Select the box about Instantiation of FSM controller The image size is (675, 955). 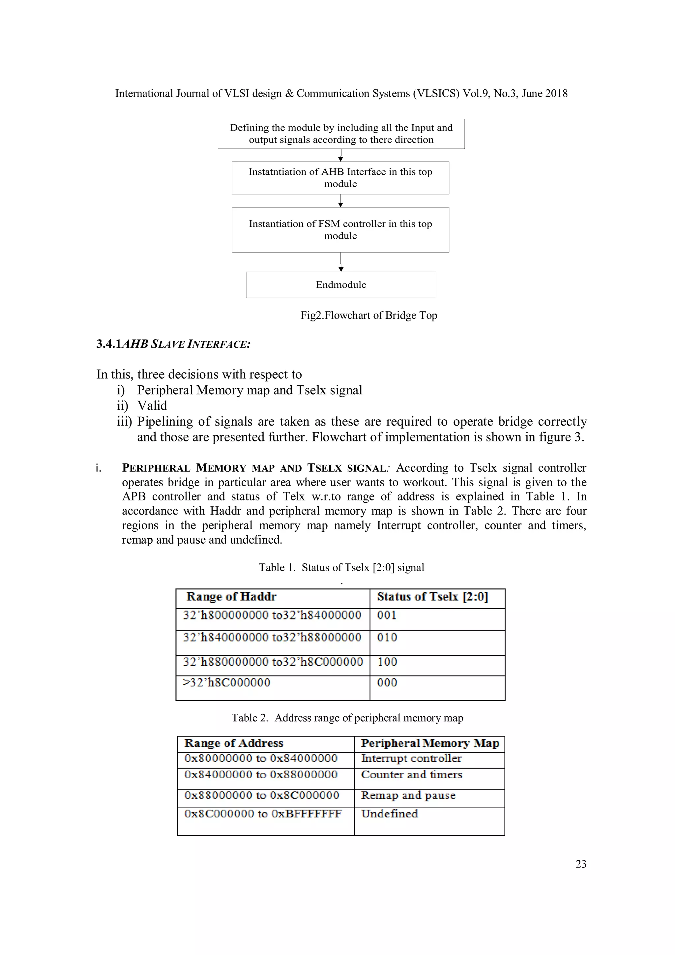340,229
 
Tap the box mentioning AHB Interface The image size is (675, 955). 340,178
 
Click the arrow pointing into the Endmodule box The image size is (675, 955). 341,269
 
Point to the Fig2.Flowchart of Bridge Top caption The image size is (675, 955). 368,315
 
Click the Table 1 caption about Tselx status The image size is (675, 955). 341,567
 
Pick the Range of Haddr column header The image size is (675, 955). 231,597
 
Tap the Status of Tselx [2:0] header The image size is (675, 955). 432,597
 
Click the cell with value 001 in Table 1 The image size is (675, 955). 387,615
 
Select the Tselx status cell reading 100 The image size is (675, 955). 387,662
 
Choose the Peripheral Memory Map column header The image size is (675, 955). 430,743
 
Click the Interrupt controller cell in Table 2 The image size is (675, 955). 411,758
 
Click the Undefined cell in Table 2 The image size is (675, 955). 389,814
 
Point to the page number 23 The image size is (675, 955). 581,864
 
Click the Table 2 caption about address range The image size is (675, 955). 347,718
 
